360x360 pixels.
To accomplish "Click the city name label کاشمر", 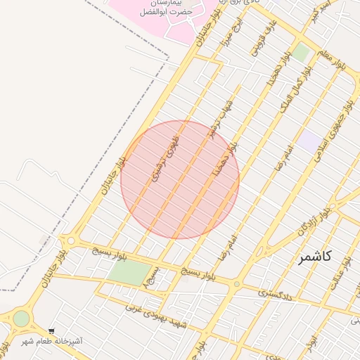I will click(x=316, y=257).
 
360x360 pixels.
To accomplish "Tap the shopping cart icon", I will click(x=51, y=331).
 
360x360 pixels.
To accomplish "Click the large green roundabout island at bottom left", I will click(x=21, y=319).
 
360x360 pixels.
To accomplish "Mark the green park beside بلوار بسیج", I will click(x=130, y=271).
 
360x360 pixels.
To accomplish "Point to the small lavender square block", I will click(x=307, y=140).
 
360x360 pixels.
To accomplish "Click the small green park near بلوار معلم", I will click(x=302, y=51).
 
